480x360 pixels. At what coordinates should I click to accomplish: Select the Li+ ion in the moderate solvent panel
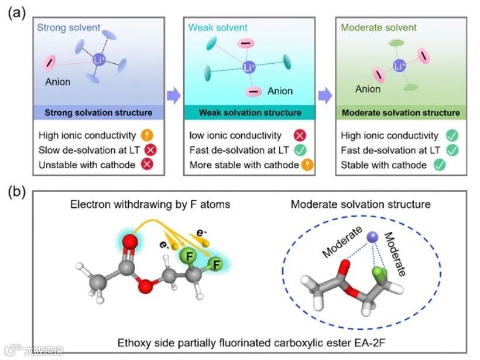pyautogui.click(x=400, y=66)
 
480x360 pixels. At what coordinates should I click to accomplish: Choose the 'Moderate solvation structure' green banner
pyautogui.click(x=400, y=112)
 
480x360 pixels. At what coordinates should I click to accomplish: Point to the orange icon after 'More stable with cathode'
pyautogui.click(x=308, y=165)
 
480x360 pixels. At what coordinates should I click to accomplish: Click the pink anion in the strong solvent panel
pyautogui.click(x=51, y=63)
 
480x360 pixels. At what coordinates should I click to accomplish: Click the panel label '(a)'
pyautogui.click(x=16, y=13)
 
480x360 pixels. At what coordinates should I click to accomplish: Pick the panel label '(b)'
pyautogui.click(x=16, y=193)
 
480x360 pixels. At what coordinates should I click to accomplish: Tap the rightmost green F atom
pyautogui.click(x=215, y=266)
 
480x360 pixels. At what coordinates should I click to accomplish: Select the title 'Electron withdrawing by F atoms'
pyautogui.click(x=149, y=205)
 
